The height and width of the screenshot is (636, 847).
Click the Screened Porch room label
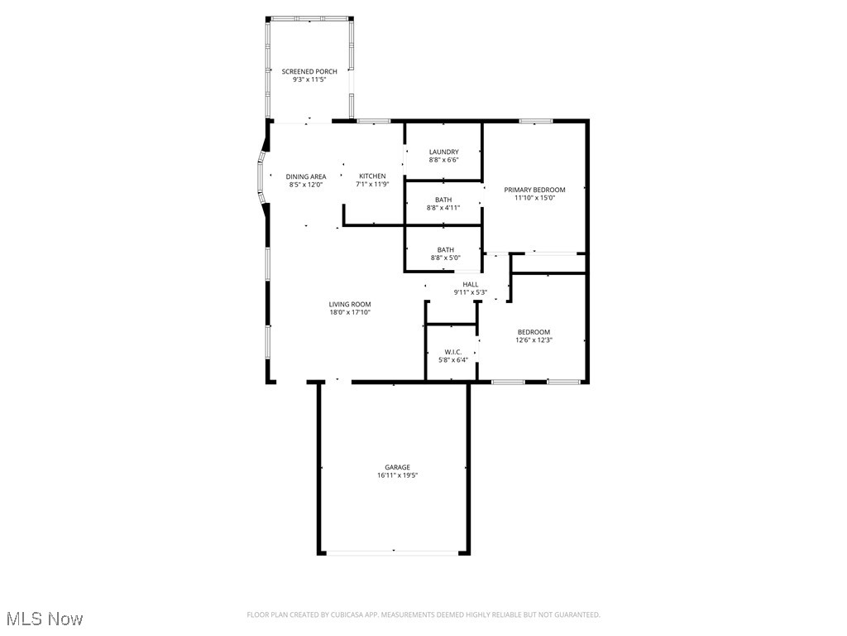309,72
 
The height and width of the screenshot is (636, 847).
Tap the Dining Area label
306,176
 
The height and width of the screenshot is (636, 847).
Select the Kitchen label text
372,176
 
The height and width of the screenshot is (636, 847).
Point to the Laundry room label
443,152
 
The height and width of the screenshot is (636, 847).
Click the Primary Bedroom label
534,190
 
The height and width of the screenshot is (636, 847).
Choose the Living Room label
350,304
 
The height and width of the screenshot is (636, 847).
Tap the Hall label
471,284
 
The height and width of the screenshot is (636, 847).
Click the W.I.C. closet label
452,351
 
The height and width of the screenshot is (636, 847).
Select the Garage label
397,467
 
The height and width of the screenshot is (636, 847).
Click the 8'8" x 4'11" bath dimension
443,208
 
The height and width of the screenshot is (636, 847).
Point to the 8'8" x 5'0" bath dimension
445,258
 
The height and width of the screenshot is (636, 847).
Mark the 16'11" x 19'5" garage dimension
397,475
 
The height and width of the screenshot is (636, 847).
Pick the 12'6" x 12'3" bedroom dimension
534,340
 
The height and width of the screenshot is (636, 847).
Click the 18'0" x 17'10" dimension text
350,312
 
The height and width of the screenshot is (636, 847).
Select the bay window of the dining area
261,176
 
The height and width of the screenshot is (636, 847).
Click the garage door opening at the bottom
394,552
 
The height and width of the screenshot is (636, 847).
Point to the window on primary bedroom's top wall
536,122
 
